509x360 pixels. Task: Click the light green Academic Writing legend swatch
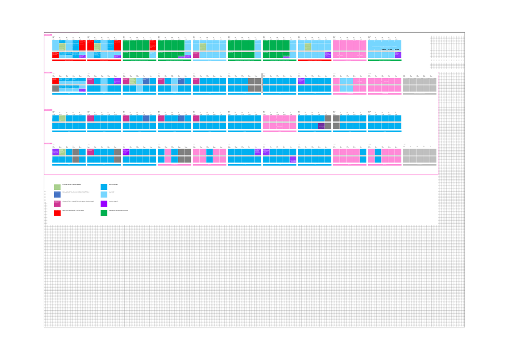coord(57,187)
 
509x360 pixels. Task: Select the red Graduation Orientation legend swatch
coord(57,213)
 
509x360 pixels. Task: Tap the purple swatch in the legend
coord(104,204)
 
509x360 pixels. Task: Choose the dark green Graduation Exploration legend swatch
coord(104,213)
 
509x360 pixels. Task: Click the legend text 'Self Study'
coord(112,193)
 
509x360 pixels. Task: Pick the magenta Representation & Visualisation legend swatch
coord(57,204)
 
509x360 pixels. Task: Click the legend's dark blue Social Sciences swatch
coord(57,195)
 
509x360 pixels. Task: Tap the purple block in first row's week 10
coord(398,55)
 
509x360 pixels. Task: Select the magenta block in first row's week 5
coord(196,55)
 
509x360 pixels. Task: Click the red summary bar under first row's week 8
coord(314,60)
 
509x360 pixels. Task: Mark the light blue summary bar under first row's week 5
coord(210,60)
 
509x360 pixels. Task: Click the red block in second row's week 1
coord(55,81)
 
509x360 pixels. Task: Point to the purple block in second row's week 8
coord(301,81)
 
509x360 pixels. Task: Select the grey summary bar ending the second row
coord(420,94)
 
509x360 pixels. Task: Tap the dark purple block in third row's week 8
coord(321,126)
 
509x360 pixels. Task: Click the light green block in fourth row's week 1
coord(62,152)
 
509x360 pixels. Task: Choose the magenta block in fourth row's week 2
coord(90,152)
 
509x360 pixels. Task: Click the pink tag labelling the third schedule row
coord(48,110)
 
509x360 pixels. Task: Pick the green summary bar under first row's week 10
coord(384,60)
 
